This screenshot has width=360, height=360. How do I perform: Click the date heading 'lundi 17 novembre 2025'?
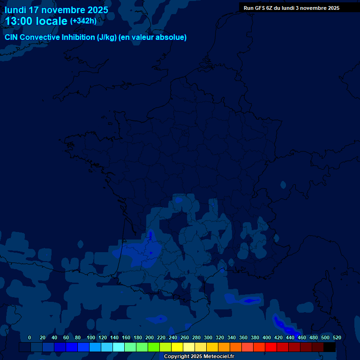[x=56, y=10]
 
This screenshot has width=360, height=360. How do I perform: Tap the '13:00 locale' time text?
[x=36, y=21]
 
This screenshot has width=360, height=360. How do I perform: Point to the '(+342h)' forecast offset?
[x=83, y=21]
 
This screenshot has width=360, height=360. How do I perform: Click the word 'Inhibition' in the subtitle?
[x=78, y=37]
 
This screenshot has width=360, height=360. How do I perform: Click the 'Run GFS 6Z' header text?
[x=259, y=8]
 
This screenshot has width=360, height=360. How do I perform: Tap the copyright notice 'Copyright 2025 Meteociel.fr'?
[x=199, y=357]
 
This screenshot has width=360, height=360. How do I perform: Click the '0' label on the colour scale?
[x=30, y=337]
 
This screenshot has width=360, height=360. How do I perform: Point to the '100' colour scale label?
[x=91, y=337]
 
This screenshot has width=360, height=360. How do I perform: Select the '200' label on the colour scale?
[x=150, y=337]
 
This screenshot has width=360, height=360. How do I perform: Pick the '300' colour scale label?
[x=208, y=337]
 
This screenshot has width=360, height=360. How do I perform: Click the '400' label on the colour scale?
[x=267, y=337]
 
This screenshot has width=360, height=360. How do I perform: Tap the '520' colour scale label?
[x=337, y=337]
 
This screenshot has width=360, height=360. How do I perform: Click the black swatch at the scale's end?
[x=330, y=347]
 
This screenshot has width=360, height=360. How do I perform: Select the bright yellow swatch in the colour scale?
[x=177, y=347]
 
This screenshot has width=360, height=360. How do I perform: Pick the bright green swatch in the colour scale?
[x=154, y=347]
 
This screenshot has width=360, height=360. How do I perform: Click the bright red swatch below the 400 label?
[x=271, y=347]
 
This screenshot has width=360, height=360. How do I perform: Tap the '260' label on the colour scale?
[x=185, y=337]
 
